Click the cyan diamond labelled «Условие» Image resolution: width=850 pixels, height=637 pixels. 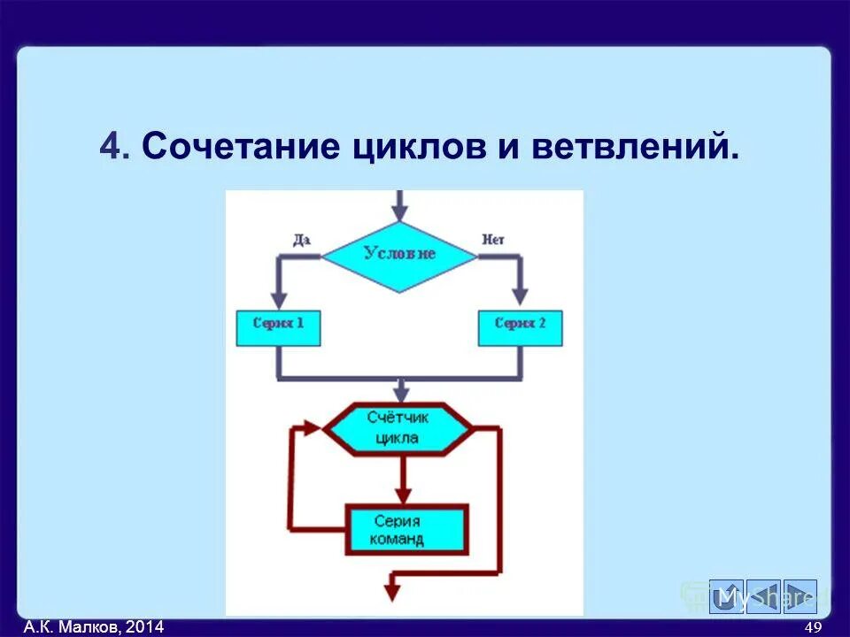coord(399,256)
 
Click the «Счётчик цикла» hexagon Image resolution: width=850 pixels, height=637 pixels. coord(395,429)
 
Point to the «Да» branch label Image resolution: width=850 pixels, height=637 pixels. coord(302,239)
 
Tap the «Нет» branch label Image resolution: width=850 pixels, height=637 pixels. coord(492,239)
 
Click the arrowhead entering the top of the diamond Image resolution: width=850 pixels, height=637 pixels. coord(399,212)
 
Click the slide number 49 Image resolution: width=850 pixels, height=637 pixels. coord(813,627)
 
